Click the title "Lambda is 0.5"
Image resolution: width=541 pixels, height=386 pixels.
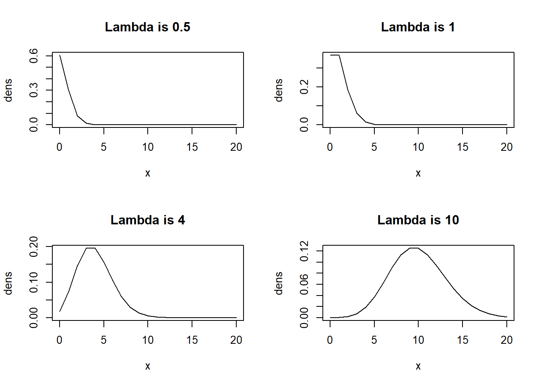coord(147,27)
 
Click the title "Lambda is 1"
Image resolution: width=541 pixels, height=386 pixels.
coord(418,27)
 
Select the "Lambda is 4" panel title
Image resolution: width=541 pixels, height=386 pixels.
coord(147,220)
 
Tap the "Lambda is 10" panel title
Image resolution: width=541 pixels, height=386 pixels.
coord(418,220)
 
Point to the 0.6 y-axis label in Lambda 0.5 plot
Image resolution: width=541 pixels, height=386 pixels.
coord(34,55)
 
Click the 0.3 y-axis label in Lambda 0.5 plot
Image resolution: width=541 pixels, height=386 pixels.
coord(34,90)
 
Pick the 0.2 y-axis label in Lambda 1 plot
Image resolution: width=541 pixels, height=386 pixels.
coord(304,87)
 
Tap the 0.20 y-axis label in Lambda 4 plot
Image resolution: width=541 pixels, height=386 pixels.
coord(34,246)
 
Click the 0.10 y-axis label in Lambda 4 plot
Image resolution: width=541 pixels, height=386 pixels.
coord(34,282)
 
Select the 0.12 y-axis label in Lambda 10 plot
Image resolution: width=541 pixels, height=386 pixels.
coord(304,251)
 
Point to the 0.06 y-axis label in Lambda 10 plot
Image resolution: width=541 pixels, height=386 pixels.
coord(304,284)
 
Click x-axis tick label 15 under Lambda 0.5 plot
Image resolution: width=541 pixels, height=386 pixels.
coord(192,147)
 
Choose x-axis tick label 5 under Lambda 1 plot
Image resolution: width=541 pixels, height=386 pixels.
coord(374,147)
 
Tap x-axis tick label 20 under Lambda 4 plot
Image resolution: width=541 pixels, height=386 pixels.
coord(236,340)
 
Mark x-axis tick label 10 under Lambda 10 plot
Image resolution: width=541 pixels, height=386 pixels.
coord(418,340)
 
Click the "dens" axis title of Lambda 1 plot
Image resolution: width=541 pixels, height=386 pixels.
coord(279,90)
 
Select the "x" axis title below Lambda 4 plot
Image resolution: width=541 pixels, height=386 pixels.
coord(148,366)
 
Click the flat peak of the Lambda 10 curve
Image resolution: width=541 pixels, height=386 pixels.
coord(414,248)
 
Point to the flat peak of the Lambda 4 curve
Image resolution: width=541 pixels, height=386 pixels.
coord(91,248)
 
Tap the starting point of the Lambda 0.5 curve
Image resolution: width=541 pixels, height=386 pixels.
coord(60,55)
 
